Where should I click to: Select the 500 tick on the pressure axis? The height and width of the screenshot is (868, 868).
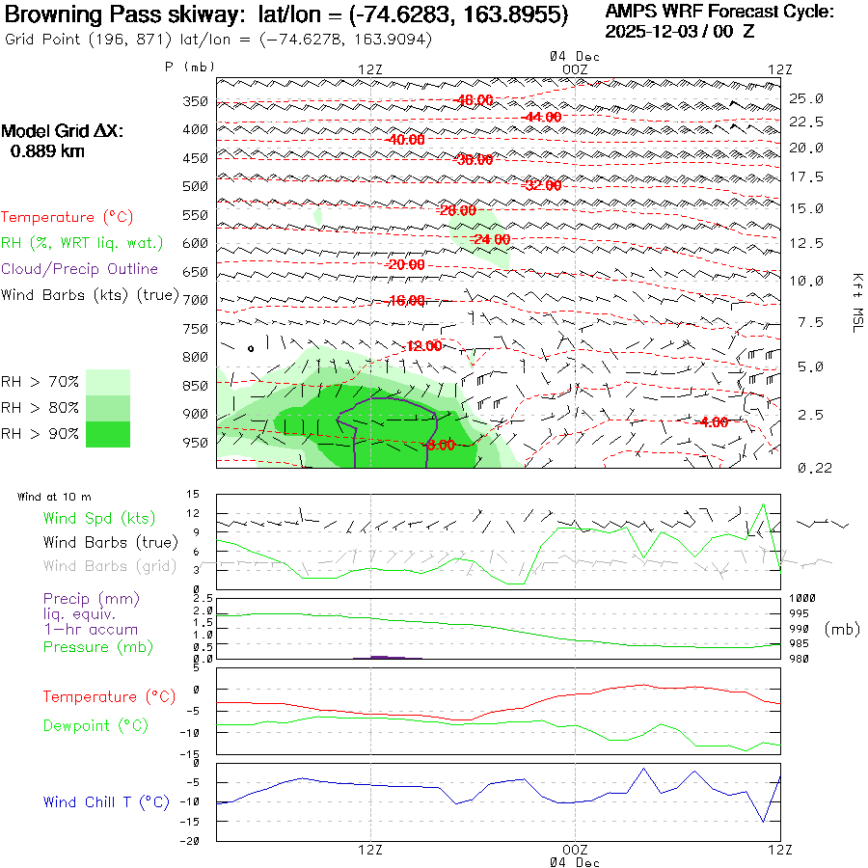click(x=197, y=186)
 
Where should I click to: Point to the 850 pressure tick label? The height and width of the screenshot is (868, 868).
click(x=197, y=387)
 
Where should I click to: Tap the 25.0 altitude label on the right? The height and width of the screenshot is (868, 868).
click(x=806, y=98)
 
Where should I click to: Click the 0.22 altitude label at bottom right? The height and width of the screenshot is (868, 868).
click(x=806, y=468)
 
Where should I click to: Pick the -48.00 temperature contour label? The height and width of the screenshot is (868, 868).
click(x=475, y=100)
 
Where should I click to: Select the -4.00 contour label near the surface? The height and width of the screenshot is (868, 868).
click(x=713, y=422)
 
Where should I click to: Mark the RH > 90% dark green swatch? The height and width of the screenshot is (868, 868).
click(x=108, y=434)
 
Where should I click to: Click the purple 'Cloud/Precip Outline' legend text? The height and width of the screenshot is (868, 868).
click(x=80, y=269)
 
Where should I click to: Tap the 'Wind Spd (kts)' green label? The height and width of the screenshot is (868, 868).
click(x=99, y=519)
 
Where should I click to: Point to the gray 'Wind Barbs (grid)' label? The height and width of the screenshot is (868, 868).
click(x=108, y=565)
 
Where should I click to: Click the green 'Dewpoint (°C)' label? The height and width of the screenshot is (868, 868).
click(x=95, y=725)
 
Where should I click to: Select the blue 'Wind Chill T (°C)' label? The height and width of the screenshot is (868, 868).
click(x=106, y=801)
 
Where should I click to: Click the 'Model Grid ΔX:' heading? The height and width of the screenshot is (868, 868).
click(x=63, y=131)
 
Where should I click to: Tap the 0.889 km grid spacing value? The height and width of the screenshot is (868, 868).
click(x=47, y=150)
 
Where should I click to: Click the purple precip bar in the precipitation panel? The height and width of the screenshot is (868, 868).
click(x=386, y=657)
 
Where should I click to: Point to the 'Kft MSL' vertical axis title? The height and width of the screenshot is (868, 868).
click(x=856, y=302)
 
